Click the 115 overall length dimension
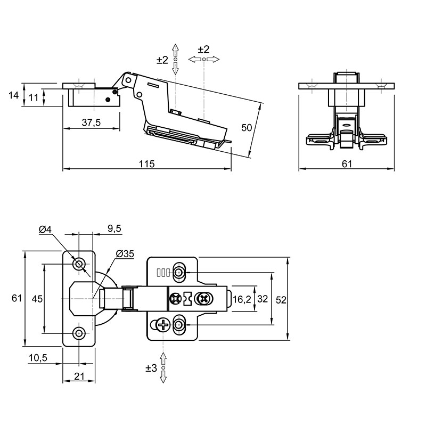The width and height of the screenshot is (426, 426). point(147,164)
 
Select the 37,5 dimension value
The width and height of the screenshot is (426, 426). point(91,122)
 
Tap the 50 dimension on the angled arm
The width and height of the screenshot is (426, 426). point(247,127)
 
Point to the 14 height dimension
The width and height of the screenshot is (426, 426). point(14,95)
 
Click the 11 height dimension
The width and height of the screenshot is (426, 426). point(34,97)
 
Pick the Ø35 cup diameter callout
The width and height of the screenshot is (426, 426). point(125,254)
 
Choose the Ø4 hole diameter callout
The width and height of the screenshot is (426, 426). point(45,230)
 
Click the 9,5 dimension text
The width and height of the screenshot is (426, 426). point(114,228)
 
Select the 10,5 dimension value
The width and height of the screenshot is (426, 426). point(38,358)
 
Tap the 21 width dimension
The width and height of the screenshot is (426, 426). point(79,376)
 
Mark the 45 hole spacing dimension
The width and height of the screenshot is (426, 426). point(37,299)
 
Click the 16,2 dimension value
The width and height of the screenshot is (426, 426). point(241,299)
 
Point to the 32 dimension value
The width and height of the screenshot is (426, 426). point(263,299)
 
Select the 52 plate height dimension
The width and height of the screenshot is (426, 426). point(281,300)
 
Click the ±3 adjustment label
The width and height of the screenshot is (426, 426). point(151,368)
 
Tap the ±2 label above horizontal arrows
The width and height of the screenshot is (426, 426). point(203,50)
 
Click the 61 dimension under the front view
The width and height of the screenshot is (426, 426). point(347,164)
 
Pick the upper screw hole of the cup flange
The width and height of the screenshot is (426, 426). point(79,264)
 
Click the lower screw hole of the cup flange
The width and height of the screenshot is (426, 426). point(79,333)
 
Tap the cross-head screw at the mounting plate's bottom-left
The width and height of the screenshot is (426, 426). point(163,324)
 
